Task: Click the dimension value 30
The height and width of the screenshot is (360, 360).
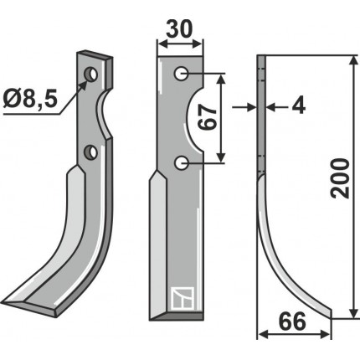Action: point(179,29)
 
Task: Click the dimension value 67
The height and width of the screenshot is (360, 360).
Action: point(208,118)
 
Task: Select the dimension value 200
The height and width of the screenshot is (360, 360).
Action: point(340,178)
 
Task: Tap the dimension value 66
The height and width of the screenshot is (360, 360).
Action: point(292,321)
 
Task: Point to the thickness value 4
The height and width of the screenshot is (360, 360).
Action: point(299,105)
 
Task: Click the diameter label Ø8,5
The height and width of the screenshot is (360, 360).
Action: point(31,100)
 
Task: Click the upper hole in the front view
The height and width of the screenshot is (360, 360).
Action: point(181,74)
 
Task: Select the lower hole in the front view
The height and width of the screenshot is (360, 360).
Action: point(182,162)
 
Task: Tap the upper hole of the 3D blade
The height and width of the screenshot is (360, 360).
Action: point(90,75)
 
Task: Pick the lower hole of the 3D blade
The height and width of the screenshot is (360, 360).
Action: point(91,152)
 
